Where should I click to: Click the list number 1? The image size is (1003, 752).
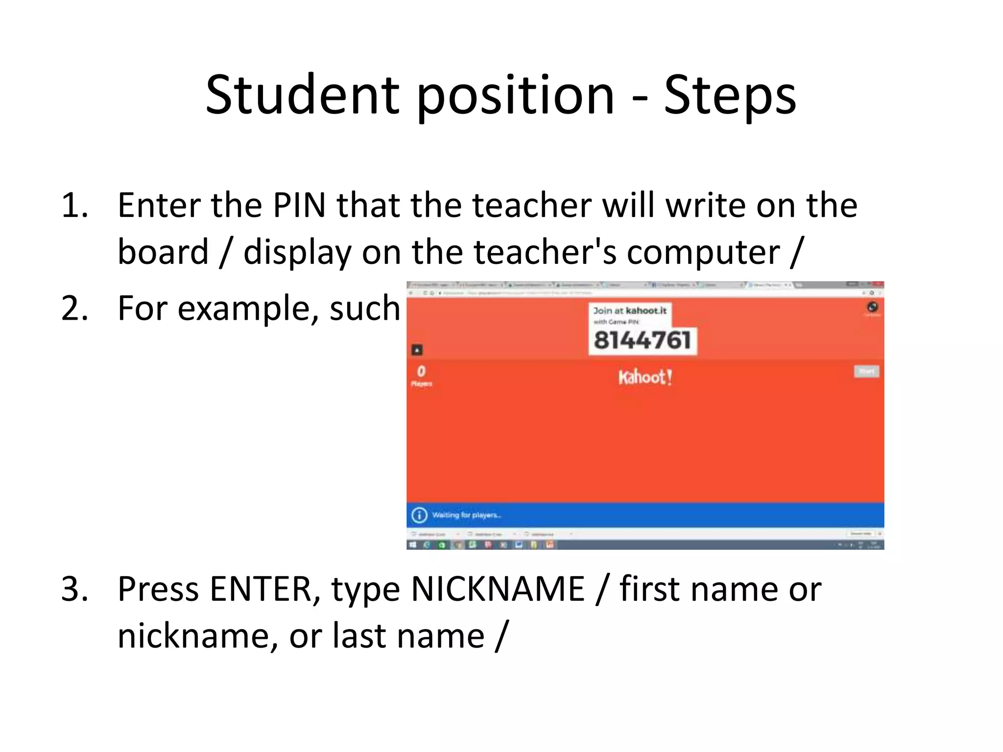(74, 205)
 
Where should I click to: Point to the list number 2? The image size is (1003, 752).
(74, 308)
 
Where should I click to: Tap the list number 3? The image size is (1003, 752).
(74, 588)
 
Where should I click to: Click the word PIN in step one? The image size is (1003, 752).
(299, 205)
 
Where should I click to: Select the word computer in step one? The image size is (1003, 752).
(703, 252)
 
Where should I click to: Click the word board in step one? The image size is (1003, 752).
(163, 252)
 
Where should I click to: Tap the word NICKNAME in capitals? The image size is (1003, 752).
(498, 588)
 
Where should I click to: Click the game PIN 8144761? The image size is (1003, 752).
(642, 340)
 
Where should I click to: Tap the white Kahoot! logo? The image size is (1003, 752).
(645, 377)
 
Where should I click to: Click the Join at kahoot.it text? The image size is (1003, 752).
(630, 310)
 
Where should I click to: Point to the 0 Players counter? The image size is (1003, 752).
(421, 376)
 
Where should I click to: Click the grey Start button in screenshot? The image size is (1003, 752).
(866, 371)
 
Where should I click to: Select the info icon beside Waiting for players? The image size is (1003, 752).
(419, 515)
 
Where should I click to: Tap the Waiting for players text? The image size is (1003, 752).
(466, 515)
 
